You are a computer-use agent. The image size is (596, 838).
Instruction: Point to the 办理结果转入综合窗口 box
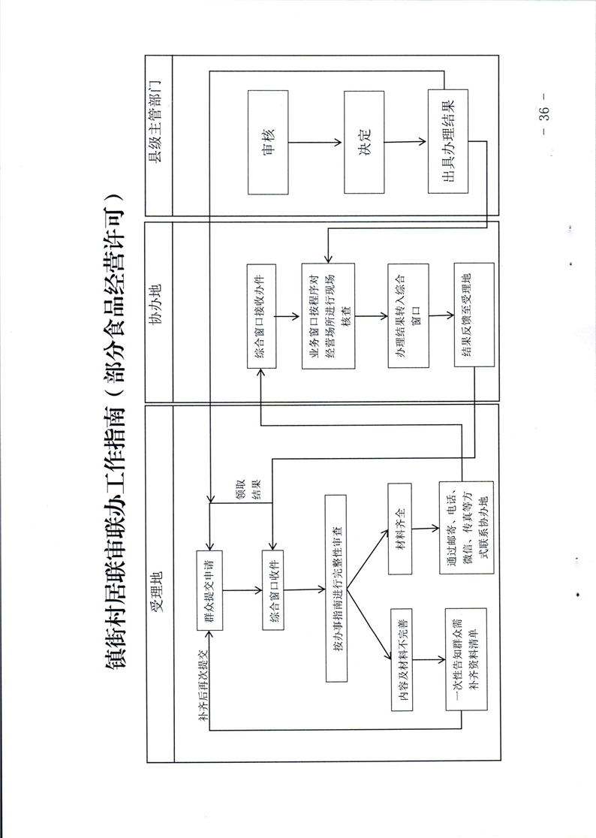(408, 316)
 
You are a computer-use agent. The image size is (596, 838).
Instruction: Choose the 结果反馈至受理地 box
(473, 316)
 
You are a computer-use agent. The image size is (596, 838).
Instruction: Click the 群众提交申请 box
(211, 589)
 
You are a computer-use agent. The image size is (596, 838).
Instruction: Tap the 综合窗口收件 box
(277, 589)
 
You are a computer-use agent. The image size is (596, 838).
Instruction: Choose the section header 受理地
(158, 593)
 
